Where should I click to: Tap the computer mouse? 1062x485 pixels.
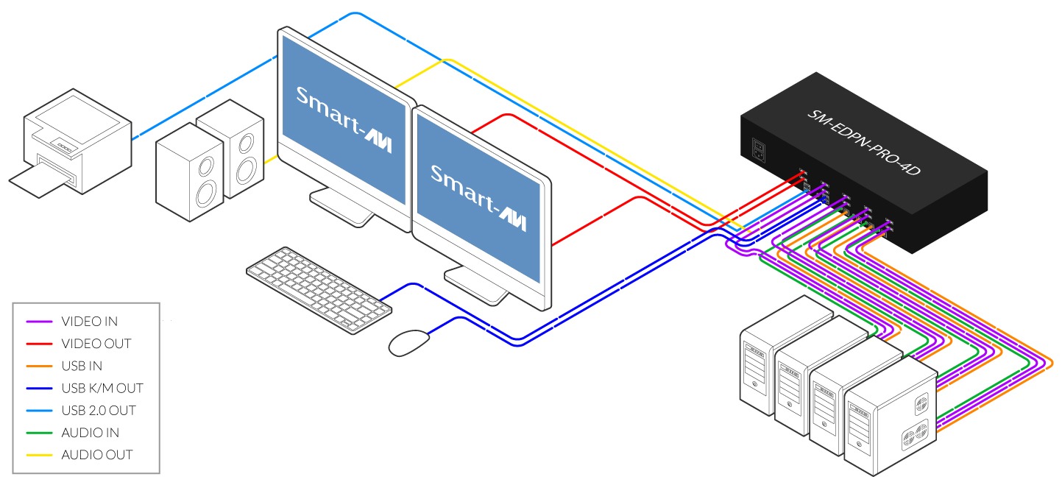click(408, 342)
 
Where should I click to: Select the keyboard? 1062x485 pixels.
click(319, 290)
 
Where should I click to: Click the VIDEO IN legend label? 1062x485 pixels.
click(90, 322)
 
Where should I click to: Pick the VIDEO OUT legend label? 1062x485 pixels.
click(96, 344)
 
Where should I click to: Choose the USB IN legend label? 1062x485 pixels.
click(82, 366)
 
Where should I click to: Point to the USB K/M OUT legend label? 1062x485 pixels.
click(102, 389)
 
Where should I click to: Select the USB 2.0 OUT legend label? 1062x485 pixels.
click(99, 411)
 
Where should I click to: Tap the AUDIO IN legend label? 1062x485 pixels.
click(90, 433)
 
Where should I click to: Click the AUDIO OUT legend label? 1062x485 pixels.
click(96, 455)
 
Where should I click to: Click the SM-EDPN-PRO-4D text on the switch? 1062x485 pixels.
click(863, 142)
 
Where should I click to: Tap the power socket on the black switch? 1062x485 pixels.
click(759, 150)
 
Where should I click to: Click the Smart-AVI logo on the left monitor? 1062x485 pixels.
click(344, 118)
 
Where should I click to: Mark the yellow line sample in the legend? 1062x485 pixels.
click(39, 455)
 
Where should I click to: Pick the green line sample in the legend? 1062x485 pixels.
click(39, 433)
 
